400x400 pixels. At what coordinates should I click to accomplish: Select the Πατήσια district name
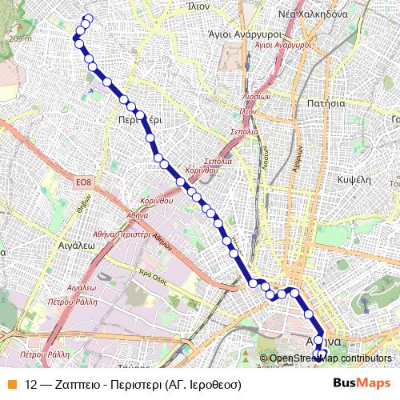[326, 103]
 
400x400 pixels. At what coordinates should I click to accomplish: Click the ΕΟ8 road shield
[85, 185]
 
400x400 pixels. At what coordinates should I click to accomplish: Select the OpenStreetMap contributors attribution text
[330, 358]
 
